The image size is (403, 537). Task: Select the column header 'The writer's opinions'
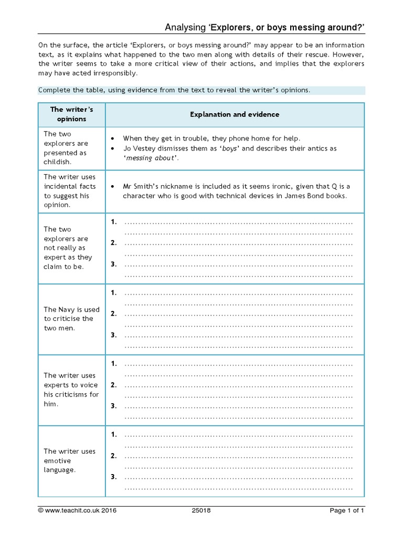pyautogui.click(x=71, y=114)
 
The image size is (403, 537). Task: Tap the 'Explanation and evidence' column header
pyautogui.click(x=235, y=114)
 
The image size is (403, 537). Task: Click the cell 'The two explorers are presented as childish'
pyautogui.click(x=67, y=148)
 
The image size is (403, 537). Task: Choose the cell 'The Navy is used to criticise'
pyautogui.click(x=71, y=319)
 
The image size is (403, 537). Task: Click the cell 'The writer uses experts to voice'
pyautogui.click(x=71, y=390)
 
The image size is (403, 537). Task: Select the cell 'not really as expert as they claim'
pyautogui.click(x=69, y=248)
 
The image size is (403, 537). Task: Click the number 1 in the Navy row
pyautogui.click(x=113, y=293)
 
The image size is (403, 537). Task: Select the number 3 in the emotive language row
pyautogui.click(x=113, y=477)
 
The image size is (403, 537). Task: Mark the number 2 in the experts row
pyautogui.click(x=113, y=385)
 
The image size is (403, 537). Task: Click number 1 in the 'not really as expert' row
pyautogui.click(x=113, y=222)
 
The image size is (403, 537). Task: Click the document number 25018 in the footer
pyautogui.click(x=201, y=510)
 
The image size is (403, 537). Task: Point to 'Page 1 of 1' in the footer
pyautogui.click(x=347, y=510)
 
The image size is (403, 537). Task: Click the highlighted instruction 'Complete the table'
pyautogui.click(x=174, y=90)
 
